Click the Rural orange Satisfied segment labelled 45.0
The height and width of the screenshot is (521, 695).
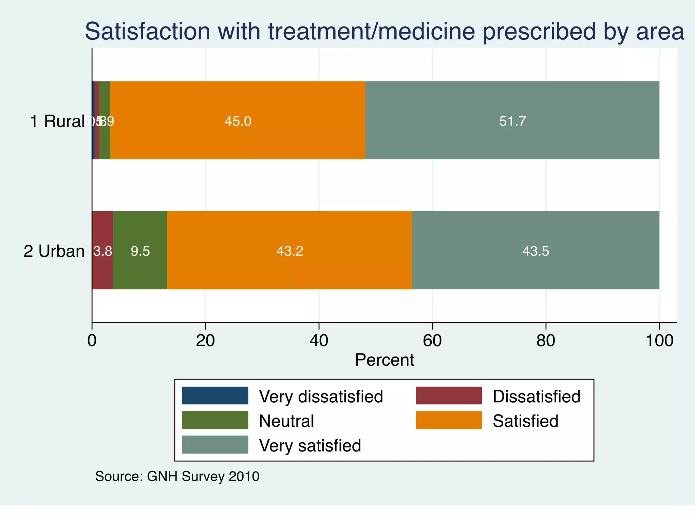click(238, 120)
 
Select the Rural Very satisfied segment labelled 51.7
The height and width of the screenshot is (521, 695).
click(512, 120)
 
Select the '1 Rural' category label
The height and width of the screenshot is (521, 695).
click(57, 121)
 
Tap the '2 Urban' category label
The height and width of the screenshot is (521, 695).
click(54, 251)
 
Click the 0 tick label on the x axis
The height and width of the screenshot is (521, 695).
click(92, 340)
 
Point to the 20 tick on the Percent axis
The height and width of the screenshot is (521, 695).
click(205, 340)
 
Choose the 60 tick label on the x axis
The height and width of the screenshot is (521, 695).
click(432, 340)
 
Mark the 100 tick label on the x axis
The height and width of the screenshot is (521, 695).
click(659, 340)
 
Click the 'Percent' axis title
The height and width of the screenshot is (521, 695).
click(384, 360)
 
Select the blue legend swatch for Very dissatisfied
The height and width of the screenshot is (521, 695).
click(215, 395)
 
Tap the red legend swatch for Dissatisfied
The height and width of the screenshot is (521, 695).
click(449, 395)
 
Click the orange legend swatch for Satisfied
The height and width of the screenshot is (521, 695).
click(449, 420)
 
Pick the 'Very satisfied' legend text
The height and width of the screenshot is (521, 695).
click(310, 445)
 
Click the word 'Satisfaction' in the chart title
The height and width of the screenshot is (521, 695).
click(148, 31)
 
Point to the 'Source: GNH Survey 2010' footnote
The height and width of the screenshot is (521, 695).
click(177, 476)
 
